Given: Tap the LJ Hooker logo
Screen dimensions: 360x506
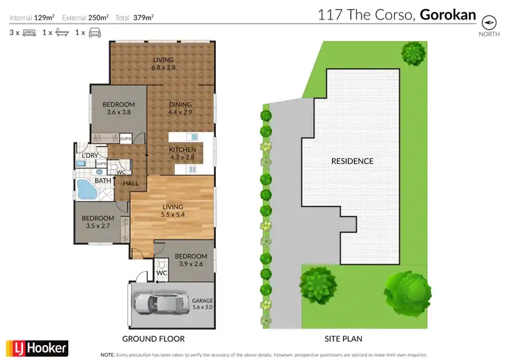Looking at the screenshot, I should pyautogui.click(x=37, y=347).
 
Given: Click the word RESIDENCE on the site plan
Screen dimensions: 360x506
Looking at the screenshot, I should pyautogui.click(x=352, y=161).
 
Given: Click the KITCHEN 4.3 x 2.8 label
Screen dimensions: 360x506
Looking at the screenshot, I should pyautogui.click(x=182, y=153).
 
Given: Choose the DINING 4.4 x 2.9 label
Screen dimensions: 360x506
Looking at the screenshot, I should pyautogui.click(x=180, y=108).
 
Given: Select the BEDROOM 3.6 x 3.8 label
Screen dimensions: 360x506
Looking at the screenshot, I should pyautogui.click(x=118, y=108).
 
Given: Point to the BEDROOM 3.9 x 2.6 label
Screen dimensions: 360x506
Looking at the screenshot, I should pyautogui.click(x=190, y=260).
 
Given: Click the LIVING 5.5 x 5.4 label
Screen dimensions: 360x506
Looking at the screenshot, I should pyautogui.click(x=173, y=211).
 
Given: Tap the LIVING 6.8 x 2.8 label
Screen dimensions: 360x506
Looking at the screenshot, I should pyautogui.click(x=163, y=64).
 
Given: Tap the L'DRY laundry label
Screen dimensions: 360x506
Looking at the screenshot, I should pyautogui.click(x=90, y=156).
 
